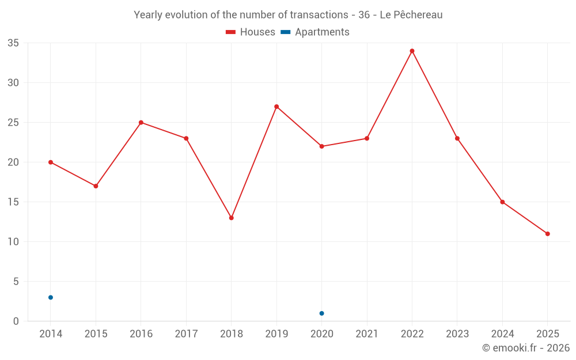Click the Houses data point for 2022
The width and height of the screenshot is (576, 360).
412,51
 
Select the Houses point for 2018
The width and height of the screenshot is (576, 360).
231,218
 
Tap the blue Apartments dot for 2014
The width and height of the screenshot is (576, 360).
51,297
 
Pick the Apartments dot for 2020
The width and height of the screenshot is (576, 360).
321,313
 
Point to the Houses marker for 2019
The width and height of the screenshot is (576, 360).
276,107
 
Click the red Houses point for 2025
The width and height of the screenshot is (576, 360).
547,234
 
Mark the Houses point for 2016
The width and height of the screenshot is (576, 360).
141,123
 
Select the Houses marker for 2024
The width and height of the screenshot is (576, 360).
502,202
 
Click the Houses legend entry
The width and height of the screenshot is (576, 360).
251,32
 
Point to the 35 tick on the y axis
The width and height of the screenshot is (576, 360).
13,43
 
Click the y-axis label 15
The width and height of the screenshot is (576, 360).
13,202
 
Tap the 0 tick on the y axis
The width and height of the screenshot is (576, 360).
16,321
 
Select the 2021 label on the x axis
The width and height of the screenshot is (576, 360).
367,334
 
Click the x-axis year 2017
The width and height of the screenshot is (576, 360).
186,334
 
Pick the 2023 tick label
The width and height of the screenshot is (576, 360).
457,334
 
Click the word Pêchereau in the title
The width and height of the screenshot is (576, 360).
419,15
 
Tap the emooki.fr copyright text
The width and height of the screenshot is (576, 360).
525,348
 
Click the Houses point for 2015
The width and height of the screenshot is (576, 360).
96,186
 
